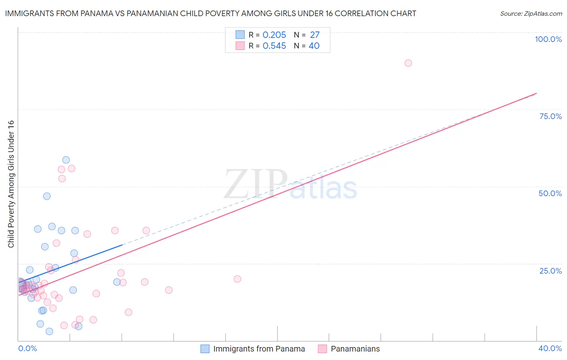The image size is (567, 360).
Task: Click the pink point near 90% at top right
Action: (408, 63)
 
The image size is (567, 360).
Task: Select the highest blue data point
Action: (66, 160)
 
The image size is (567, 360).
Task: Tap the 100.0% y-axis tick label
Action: (548, 39)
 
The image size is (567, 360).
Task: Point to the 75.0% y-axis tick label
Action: (550, 116)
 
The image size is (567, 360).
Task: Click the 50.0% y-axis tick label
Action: (550, 193)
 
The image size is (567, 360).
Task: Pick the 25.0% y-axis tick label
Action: (550, 271)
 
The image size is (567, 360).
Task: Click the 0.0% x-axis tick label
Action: (27, 348)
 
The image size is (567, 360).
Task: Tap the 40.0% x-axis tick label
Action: (550, 348)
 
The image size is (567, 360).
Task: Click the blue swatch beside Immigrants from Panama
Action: (205, 349)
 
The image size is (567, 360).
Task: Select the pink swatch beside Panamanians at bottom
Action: (322, 349)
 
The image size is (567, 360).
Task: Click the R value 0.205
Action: (274, 35)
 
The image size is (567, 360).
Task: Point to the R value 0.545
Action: (274, 46)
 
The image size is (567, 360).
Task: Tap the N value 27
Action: (315, 35)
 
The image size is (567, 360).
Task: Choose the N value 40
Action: (314, 46)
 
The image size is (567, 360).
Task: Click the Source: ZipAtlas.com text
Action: (531, 14)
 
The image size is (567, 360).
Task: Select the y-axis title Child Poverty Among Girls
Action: (11, 184)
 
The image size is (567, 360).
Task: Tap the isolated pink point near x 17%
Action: (238, 279)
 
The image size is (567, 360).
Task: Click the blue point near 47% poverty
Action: (47, 196)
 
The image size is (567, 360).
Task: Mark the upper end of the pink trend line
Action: (536, 93)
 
